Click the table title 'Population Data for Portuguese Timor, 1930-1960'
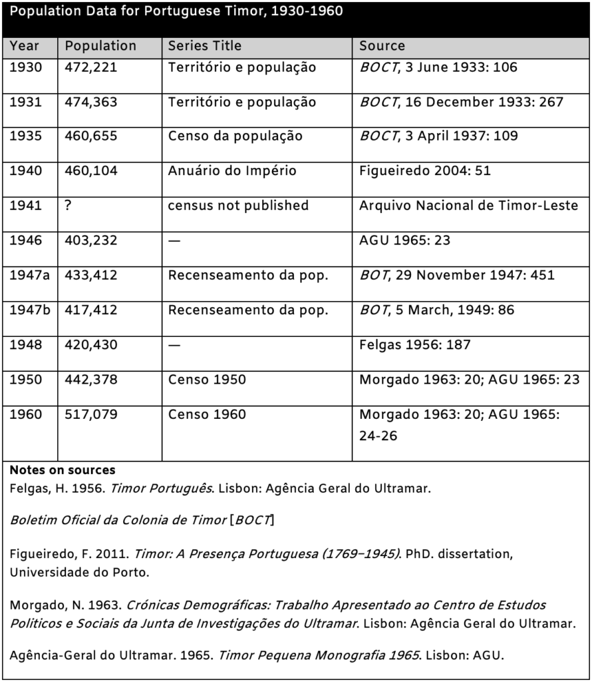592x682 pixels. pyautogui.click(x=177, y=13)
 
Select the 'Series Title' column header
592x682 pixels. pyautogui.click(x=205, y=46)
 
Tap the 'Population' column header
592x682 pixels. pyautogui.click(x=100, y=46)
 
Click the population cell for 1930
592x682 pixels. pyautogui.click(x=91, y=67)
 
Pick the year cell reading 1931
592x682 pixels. pyautogui.click(x=25, y=102)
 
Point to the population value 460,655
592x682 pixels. pyautogui.click(x=91, y=136)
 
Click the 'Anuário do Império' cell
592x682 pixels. pyautogui.click(x=232, y=170)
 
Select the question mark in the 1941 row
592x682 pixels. pyautogui.click(x=69, y=205)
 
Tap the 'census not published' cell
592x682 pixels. pyautogui.click(x=238, y=205)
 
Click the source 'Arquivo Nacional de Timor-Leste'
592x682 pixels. pyautogui.click(x=468, y=205)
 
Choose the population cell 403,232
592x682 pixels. pyautogui.click(x=91, y=240)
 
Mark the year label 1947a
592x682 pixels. pyautogui.click(x=29, y=274)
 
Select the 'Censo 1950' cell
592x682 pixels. pyautogui.click(x=207, y=379)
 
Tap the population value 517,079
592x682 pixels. pyautogui.click(x=91, y=414)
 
